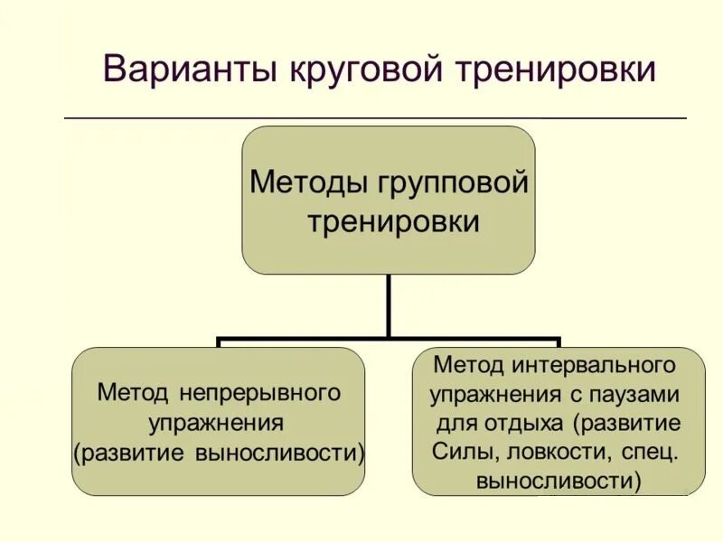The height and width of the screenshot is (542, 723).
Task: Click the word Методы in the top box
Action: [x=305, y=182]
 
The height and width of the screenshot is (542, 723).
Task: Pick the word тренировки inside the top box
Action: [x=392, y=221]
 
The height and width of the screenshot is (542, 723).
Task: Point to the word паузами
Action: [x=639, y=395]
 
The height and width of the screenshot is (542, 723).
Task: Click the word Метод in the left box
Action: [x=133, y=394]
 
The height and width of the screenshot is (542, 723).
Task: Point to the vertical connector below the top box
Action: [x=390, y=307]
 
